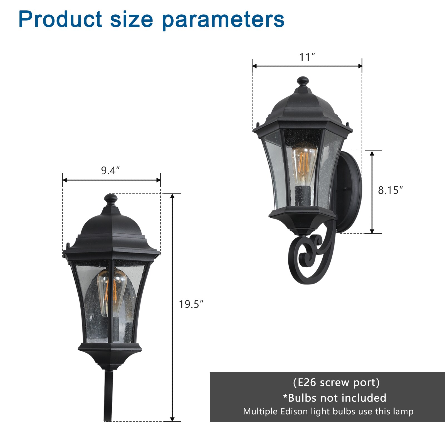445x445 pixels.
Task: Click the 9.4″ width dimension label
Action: [x=110, y=170]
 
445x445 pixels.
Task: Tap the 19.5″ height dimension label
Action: [x=191, y=304]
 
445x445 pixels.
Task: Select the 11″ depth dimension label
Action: [x=307, y=57]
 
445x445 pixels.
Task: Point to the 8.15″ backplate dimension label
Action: [x=390, y=190]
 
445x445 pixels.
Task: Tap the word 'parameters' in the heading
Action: [x=223, y=19]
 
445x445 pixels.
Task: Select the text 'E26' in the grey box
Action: [x=307, y=383]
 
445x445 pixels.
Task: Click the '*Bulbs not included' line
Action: [x=335, y=398]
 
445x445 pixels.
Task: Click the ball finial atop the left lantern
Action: [x=111, y=199]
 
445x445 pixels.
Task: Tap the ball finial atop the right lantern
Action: [x=303, y=81]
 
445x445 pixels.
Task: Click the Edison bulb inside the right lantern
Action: [x=304, y=163]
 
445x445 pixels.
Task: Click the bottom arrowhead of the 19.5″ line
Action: [x=172, y=419]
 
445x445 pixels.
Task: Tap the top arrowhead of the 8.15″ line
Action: [x=372, y=153]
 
